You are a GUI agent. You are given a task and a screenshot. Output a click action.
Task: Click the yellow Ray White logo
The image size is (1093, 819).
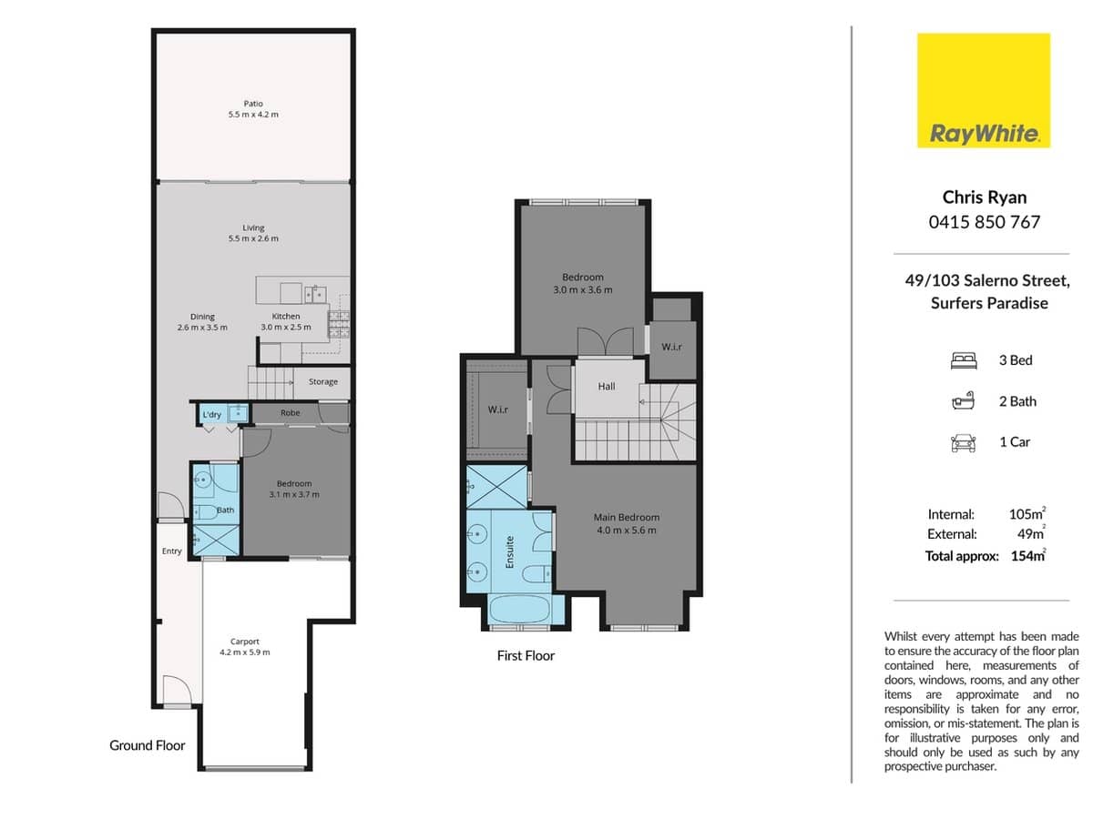(983, 90)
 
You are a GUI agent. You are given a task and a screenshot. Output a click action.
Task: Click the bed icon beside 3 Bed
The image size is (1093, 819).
(962, 360)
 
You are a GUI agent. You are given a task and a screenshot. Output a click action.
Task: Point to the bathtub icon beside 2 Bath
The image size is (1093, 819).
(962, 401)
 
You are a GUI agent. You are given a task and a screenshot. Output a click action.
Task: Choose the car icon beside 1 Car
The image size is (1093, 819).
(962, 443)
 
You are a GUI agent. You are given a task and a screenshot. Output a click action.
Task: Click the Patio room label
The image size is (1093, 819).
(253, 104)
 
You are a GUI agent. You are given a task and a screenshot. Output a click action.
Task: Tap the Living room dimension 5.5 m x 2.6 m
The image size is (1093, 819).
(253, 238)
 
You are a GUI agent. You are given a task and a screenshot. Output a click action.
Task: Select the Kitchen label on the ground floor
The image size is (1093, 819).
(286, 317)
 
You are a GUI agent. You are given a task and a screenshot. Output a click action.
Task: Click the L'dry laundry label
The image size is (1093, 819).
(212, 415)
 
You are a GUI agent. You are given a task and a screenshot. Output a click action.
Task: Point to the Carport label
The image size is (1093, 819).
(245, 642)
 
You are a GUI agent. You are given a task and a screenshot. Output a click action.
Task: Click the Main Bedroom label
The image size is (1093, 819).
(626, 518)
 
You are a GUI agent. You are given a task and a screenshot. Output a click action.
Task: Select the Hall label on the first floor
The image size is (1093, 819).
(607, 387)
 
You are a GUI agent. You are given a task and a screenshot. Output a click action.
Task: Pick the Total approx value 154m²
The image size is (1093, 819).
(1028, 556)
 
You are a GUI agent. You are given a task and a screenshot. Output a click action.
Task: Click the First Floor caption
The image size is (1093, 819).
(526, 655)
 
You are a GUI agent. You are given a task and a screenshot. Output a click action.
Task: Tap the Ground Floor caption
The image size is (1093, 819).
(147, 745)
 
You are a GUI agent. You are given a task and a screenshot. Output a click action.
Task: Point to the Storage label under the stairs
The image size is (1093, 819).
(322, 382)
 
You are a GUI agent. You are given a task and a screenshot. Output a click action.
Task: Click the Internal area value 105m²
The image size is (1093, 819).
(1027, 514)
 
